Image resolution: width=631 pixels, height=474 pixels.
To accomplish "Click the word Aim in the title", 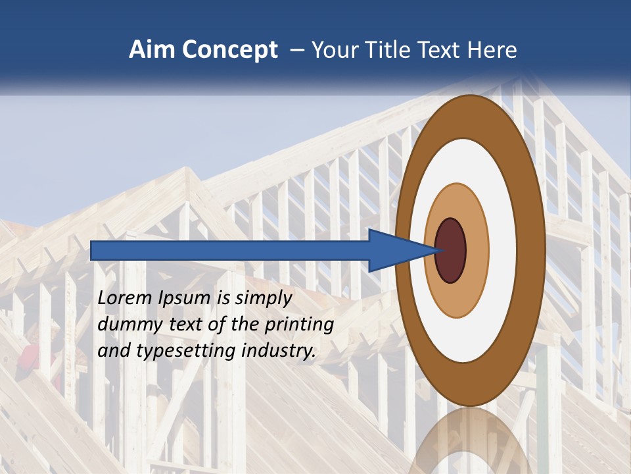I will (x=152, y=50).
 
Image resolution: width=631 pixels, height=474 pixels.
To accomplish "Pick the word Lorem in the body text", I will (x=126, y=298).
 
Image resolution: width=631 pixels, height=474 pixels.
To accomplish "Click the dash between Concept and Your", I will (x=296, y=51).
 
